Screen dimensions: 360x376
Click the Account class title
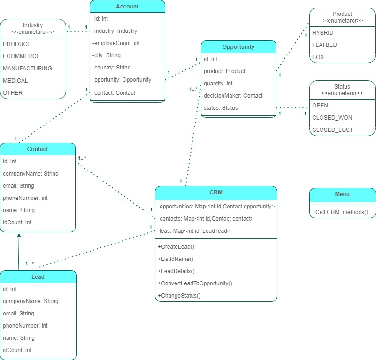click(127, 7)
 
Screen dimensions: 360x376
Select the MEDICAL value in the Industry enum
click(15, 81)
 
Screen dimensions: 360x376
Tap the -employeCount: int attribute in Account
click(116, 43)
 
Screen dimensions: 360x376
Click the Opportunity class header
click(238, 47)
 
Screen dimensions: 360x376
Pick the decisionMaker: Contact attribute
click(233, 96)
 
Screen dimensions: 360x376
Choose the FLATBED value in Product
click(324, 45)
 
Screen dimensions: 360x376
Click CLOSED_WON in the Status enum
click(332, 118)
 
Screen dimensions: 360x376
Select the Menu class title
click(342, 194)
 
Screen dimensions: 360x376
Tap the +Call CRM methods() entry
click(340, 213)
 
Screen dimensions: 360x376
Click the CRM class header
click(216, 192)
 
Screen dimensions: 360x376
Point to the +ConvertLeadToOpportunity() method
click(195, 283)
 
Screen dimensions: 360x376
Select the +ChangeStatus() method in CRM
click(179, 296)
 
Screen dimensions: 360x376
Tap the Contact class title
click(38, 149)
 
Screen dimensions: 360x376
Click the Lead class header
click(38, 277)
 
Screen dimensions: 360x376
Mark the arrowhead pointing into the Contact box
click(19, 236)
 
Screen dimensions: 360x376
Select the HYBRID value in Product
click(322, 33)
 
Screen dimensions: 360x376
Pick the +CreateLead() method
click(177, 247)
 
